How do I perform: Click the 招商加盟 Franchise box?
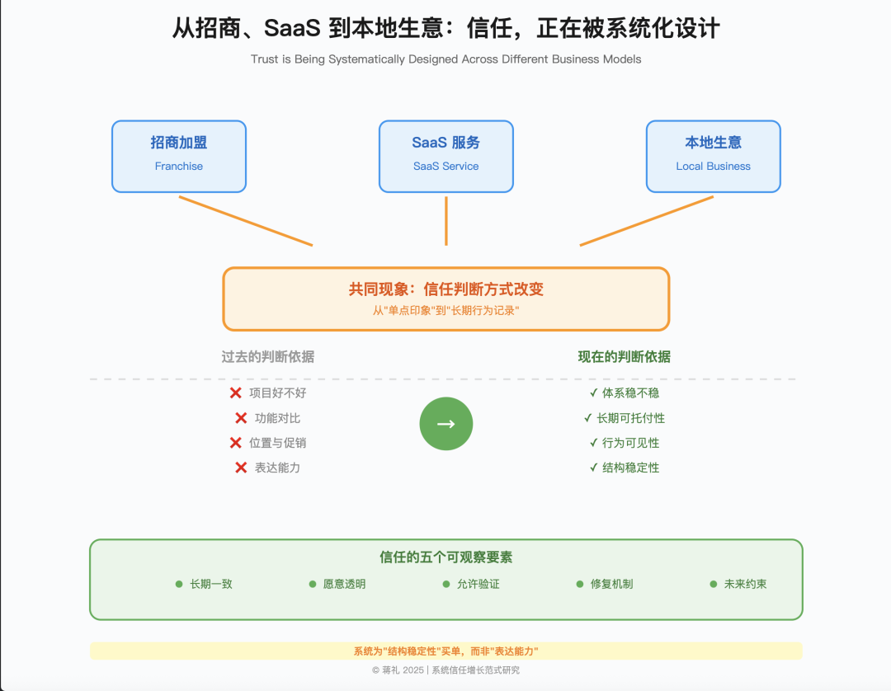click(x=179, y=156)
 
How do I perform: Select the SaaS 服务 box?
click(x=446, y=156)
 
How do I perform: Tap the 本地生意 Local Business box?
click(x=714, y=156)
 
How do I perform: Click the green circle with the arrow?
click(x=446, y=424)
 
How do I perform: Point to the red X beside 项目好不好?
click(x=236, y=393)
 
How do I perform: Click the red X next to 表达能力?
click(x=241, y=468)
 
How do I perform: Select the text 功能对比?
click(x=278, y=418)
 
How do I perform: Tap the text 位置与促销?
click(x=278, y=443)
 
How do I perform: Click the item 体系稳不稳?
click(x=630, y=393)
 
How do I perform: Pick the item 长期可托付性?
click(x=630, y=418)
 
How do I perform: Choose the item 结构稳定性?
click(x=630, y=468)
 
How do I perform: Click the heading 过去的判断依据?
click(x=268, y=357)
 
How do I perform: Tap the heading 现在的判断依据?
click(x=625, y=357)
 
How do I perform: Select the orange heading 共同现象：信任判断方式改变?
click(x=446, y=289)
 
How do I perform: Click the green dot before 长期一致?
click(x=179, y=584)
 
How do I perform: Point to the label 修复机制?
click(x=611, y=584)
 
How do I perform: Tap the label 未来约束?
click(x=745, y=584)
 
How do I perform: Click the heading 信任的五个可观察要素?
click(x=446, y=557)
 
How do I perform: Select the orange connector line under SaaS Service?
click(x=446, y=220)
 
